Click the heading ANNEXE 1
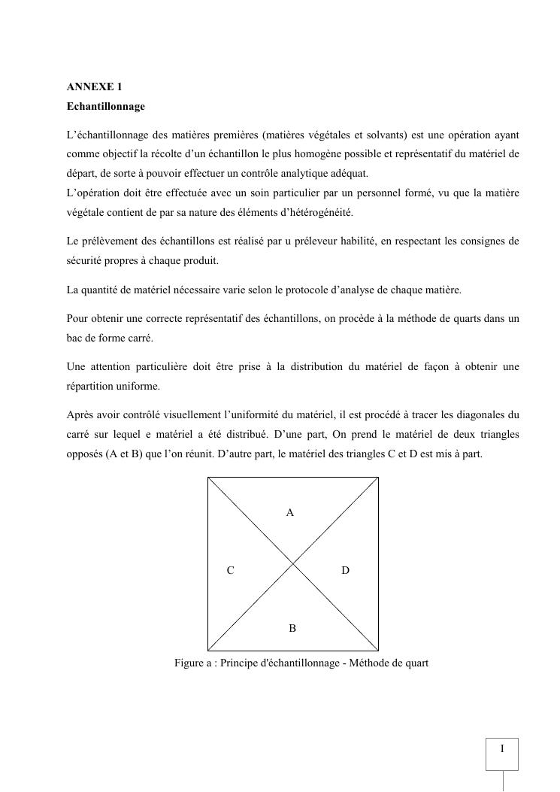pyautogui.click(x=94, y=87)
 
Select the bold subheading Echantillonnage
pyautogui.click(x=105, y=107)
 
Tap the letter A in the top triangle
pyautogui.click(x=290, y=512)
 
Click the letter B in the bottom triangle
pyautogui.click(x=292, y=628)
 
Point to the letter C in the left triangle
pyautogui.click(x=230, y=571)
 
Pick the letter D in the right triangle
pyautogui.click(x=345, y=571)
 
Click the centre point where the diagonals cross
pyautogui.click(x=293, y=564)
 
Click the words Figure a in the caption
pyautogui.click(x=192, y=663)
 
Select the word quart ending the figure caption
pyautogui.click(x=416, y=663)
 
